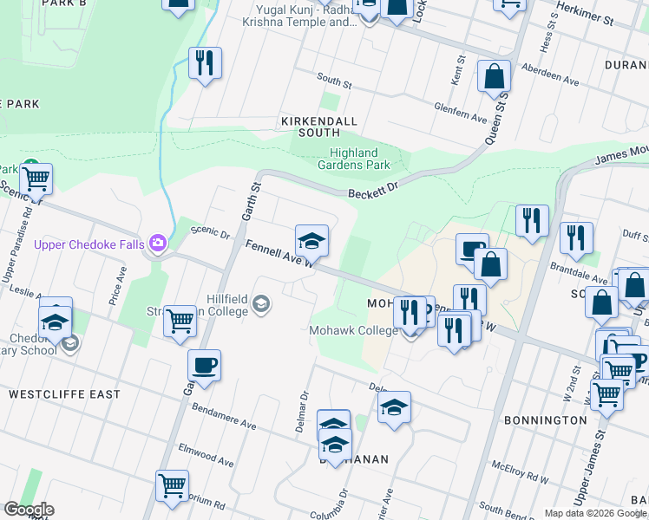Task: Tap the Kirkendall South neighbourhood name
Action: click(x=310, y=127)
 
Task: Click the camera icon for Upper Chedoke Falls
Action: click(x=158, y=244)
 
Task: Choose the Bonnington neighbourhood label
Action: click(x=545, y=419)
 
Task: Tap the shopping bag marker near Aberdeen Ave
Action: click(x=494, y=76)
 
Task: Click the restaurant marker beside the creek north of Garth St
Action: click(x=205, y=62)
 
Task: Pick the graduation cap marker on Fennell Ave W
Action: click(x=312, y=240)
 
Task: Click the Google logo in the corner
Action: click(x=28, y=510)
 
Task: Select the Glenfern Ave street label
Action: click(x=462, y=111)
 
